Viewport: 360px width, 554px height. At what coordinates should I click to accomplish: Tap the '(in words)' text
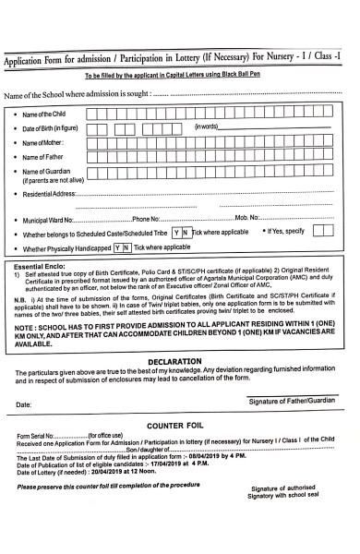click(206, 126)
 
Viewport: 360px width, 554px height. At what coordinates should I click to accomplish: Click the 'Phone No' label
click(147, 220)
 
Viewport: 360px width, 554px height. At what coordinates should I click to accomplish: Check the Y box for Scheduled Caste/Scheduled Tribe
click(176, 234)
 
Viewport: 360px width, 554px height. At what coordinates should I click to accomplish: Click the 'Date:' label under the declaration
click(23, 404)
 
